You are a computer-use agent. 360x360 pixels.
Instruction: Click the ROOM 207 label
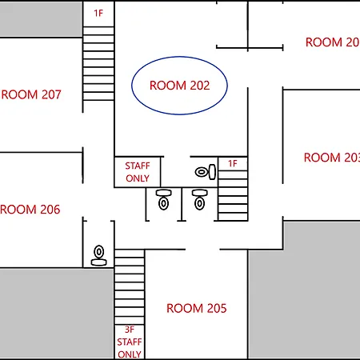click(x=31, y=94)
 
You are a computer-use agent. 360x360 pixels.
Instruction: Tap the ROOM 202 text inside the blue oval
click(x=180, y=86)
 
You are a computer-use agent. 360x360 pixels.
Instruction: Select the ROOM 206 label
click(x=30, y=210)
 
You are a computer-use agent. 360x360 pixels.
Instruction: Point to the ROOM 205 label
click(x=197, y=308)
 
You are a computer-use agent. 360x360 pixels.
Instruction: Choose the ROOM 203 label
click(x=332, y=158)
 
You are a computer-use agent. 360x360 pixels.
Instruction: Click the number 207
click(x=51, y=94)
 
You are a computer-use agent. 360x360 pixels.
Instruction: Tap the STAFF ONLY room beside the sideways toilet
click(x=138, y=172)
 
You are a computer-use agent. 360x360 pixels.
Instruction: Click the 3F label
click(x=130, y=330)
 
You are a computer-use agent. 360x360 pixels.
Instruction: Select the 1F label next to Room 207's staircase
click(x=98, y=13)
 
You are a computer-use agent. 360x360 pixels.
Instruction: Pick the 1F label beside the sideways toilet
click(x=233, y=163)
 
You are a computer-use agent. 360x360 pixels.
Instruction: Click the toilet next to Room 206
click(x=99, y=255)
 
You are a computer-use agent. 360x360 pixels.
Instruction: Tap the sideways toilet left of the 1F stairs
click(x=206, y=172)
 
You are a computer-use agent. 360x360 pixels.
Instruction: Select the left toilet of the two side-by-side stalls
click(x=163, y=200)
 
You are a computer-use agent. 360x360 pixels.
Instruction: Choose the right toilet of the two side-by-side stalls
click(x=199, y=200)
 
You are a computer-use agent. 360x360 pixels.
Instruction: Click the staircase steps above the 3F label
click(x=130, y=287)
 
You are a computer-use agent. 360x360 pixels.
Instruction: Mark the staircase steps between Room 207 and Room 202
click(x=98, y=63)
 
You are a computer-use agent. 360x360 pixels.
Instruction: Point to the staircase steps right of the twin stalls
click(x=233, y=196)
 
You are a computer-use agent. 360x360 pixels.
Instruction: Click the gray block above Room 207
click(x=41, y=19)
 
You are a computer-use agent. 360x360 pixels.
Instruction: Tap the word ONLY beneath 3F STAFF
click(x=130, y=354)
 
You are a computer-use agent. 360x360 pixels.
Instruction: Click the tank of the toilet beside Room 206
click(x=99, y=262)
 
